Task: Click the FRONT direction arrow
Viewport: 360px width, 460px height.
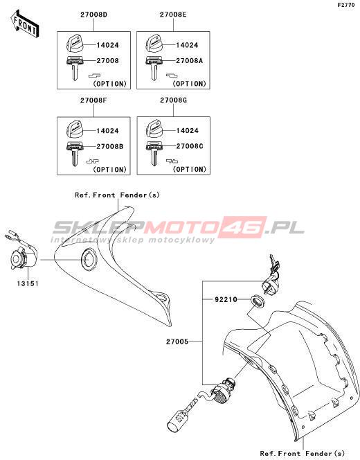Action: coord(24,24)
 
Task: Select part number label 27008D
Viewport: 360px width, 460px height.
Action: coord(94,15)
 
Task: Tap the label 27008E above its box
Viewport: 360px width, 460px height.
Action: coord(173,15)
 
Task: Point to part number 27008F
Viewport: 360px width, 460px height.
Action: coord(93,100)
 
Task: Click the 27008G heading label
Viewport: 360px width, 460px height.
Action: coord(173,100)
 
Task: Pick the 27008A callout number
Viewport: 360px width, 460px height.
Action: coord(189,61)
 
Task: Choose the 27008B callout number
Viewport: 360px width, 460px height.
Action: coord(109,146)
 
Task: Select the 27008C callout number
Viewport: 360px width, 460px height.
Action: coord(190,146)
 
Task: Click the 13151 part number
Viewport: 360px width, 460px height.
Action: coord(28,283)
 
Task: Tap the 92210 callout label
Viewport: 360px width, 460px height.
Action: coord(226,299)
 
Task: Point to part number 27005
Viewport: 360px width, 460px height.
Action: coord(177,342)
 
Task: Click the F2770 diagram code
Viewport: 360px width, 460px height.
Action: coord(346,5)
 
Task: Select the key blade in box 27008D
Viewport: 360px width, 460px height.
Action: coord(75,72)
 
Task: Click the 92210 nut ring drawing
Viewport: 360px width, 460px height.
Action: coord(258,301)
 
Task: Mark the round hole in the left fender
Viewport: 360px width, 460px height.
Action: coord(88,259)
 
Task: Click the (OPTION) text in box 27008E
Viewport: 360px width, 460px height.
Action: coord(190,84)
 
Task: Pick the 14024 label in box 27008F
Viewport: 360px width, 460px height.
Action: coord(107,131)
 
